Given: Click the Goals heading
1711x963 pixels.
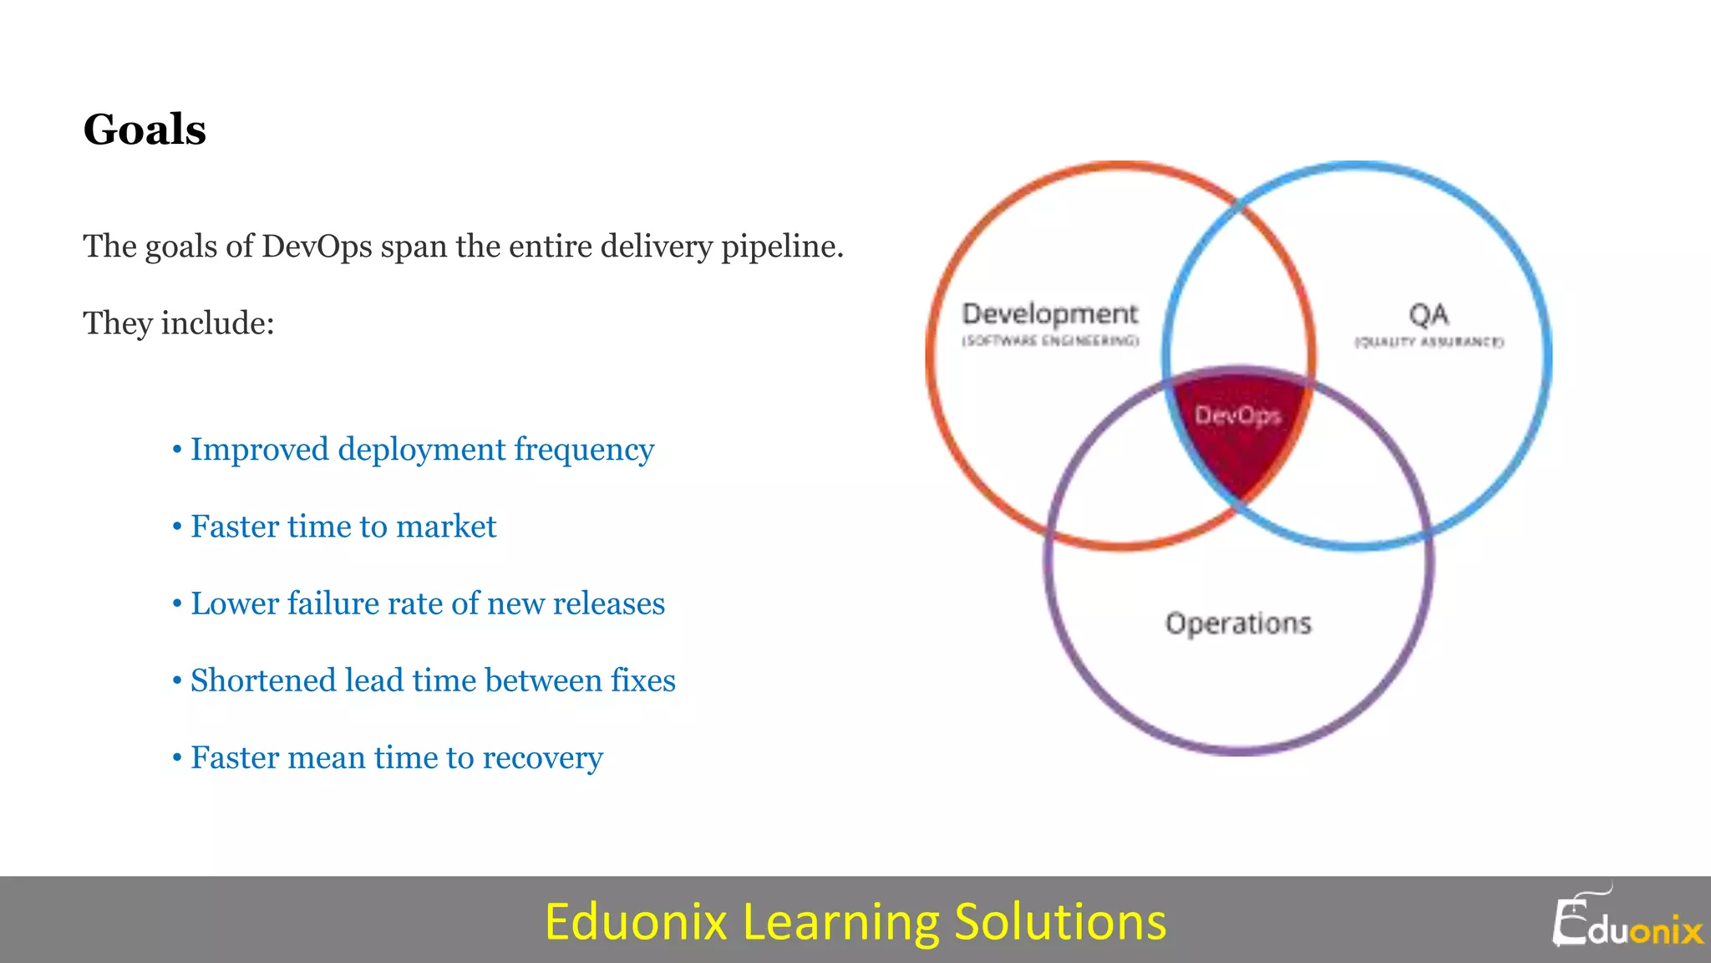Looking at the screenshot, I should click(145, 130).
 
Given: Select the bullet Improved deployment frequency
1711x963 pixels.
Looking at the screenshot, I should click(421, 450).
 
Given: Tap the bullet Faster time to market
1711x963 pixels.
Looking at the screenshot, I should click(343, 527).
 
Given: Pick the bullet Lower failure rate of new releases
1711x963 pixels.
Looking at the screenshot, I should click(427, 604).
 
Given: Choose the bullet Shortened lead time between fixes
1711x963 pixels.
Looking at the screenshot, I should click(432, 680).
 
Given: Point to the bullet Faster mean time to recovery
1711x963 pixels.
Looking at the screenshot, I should click(396, 757).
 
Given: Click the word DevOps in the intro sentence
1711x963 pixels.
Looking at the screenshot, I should click(317, 247).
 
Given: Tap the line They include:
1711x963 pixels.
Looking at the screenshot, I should click(179, 324).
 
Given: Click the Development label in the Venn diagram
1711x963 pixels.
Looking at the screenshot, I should click(1049, 313).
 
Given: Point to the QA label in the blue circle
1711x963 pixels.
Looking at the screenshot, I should click(1429, 315).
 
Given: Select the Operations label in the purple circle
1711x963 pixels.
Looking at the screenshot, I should click(1238, 624).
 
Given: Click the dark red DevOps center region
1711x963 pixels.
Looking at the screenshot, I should click(1238, 435).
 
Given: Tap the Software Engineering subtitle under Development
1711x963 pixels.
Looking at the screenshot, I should click(1050, 341).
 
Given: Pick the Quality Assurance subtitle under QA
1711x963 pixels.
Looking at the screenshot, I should click(1429, 342).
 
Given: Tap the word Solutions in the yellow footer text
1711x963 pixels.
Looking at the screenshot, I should click(1059, 922).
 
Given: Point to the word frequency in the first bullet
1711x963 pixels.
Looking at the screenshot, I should click(583, 450).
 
